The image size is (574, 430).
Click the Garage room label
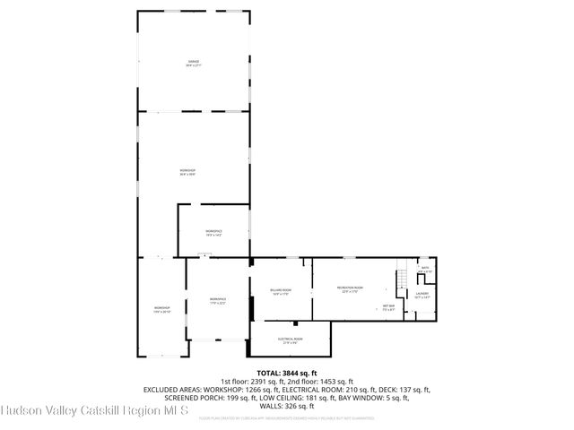[194, 64]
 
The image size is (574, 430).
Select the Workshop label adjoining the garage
[187, 172]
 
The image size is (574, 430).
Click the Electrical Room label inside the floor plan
[290, 340]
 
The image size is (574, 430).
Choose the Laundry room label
[422, 295]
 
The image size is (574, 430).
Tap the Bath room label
[425, 269]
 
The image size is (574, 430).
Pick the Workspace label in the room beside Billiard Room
[218, 300]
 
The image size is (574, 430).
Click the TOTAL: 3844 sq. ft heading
[287, 373]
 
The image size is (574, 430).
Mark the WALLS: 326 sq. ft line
[287, 406]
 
